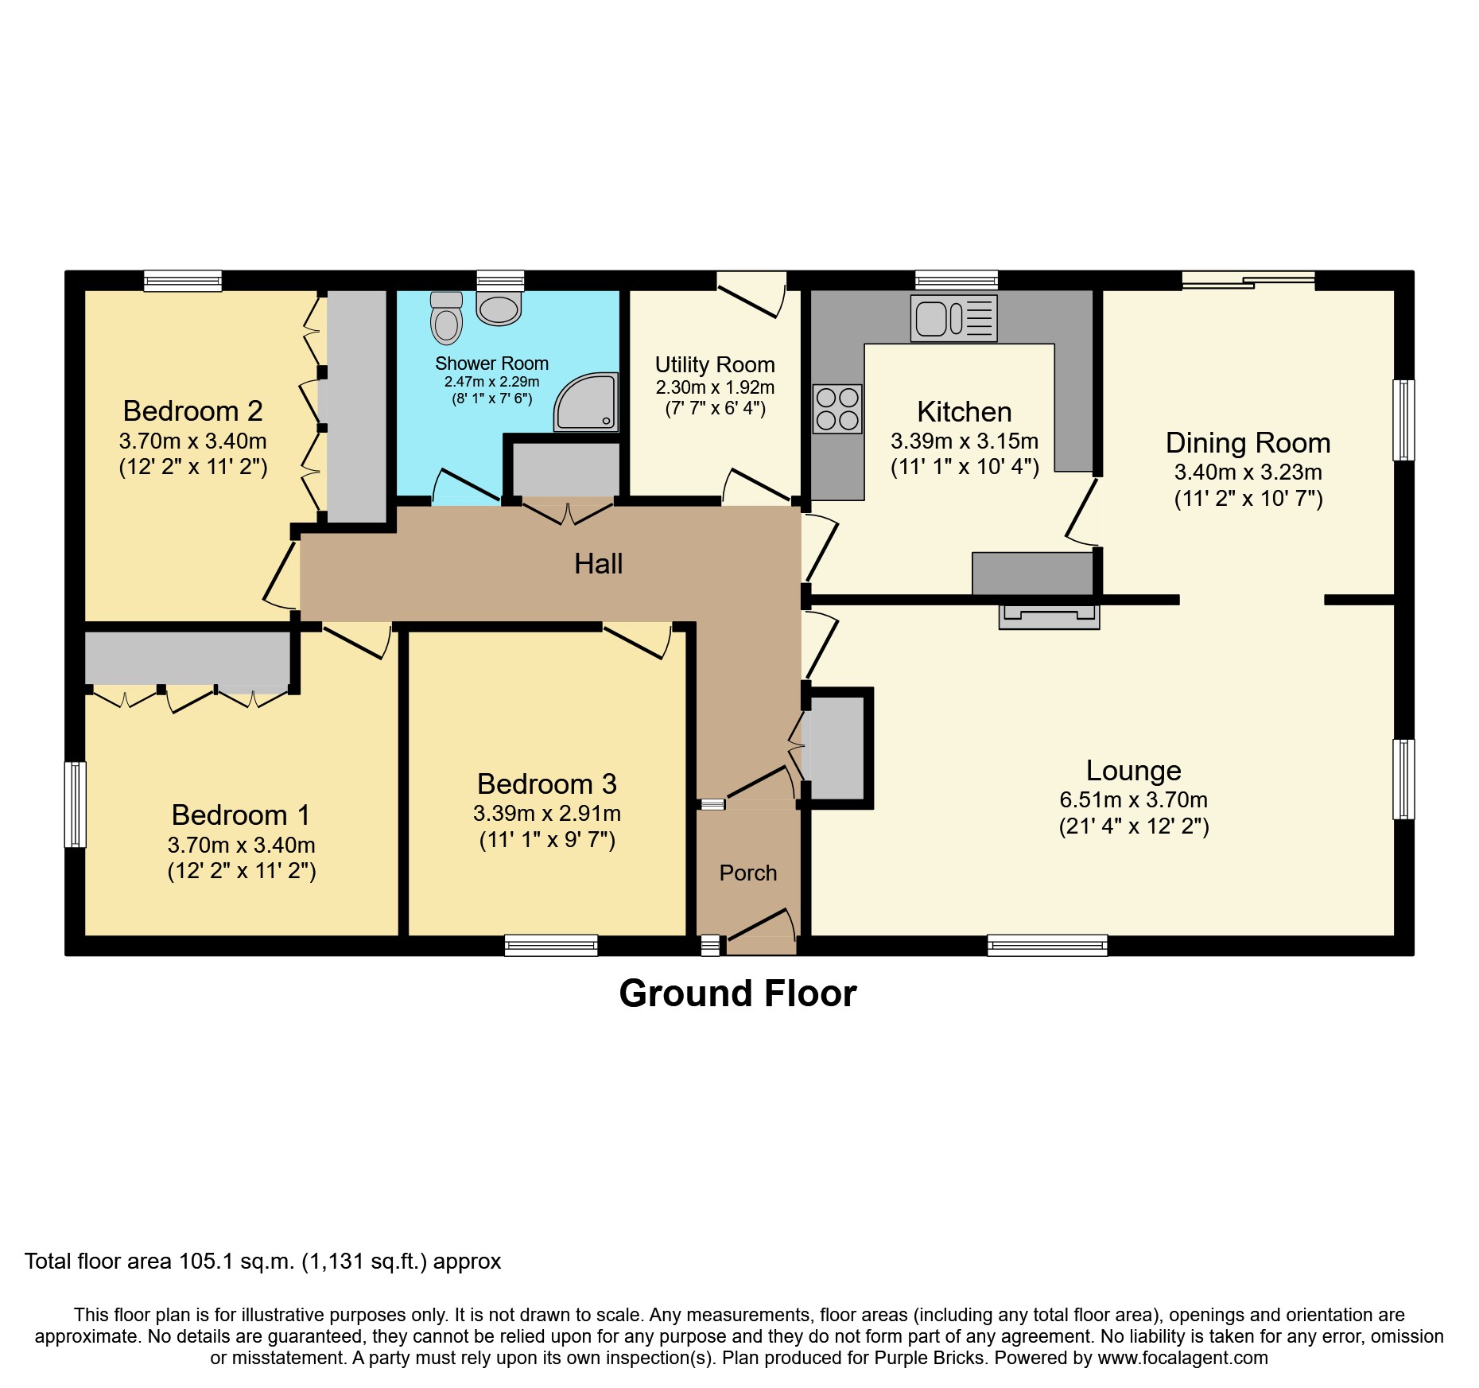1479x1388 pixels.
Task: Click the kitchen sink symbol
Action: tap(953, 319)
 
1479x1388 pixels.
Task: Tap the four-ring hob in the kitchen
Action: tap(837, 409)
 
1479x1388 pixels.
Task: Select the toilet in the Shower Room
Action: tap(446, 318)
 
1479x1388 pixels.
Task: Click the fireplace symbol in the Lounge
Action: tap(1049, 616)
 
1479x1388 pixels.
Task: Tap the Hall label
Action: tap(598, 564)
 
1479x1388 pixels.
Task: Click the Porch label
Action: tap(747, 873)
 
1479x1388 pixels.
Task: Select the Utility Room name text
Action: tap(714, 364)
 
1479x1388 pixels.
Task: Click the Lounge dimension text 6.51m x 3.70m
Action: tap(1133, 799)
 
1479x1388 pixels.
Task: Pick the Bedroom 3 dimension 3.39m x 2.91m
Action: tap(547, 813)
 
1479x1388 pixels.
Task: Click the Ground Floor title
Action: tap(737, 993)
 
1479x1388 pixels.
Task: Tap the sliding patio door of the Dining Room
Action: tap(1248, 279)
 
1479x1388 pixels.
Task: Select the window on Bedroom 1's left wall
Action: tap(75, 804)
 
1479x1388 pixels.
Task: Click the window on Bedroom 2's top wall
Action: tap(183, 280)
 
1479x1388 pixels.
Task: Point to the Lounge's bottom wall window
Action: tap(1047, 945)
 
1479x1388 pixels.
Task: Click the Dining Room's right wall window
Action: tap(1403, 420)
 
